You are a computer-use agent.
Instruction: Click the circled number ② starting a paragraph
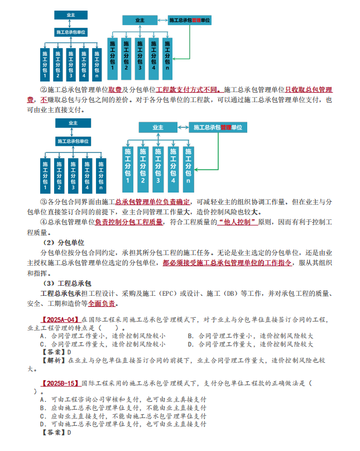tap(44, 89)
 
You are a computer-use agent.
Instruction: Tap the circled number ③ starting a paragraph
tap(44, 201)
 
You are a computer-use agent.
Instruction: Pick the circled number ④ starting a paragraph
tap(44, 222)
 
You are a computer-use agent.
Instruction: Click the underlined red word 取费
tap(115, 89)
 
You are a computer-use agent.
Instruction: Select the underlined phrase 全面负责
tap(102, 304)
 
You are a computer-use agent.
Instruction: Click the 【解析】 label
tap(53, 361)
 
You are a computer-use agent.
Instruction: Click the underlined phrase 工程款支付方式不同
tap(188, 89)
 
